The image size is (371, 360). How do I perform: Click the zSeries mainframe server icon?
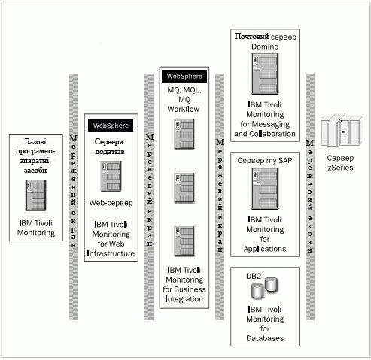[342, 132]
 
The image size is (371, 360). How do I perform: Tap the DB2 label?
[254, 276]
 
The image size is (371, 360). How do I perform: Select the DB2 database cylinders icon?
[264, 288]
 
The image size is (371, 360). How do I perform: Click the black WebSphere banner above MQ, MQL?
[184, 77]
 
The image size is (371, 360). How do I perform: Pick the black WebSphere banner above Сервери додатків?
[111, 126]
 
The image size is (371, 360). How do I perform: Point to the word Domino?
[265, 47]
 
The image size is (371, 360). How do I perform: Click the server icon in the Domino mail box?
[265, 74]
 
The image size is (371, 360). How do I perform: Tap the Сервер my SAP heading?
[265, 160]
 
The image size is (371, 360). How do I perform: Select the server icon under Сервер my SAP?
[265, 189]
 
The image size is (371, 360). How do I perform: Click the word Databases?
[265, 338]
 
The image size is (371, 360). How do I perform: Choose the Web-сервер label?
[111, 203]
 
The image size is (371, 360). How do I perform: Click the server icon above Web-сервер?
[111, 177]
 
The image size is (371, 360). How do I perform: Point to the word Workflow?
[184, 109]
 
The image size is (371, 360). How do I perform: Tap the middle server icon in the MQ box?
[184, 188]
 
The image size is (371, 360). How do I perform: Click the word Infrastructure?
[111, 253]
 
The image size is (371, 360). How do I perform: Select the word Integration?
[184, 299]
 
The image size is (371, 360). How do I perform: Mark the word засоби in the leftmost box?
[35, 171]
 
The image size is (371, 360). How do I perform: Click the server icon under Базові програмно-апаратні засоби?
[36, 195]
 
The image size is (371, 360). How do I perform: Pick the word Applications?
[265, 249]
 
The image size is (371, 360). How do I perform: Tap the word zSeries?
[340, 168]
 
